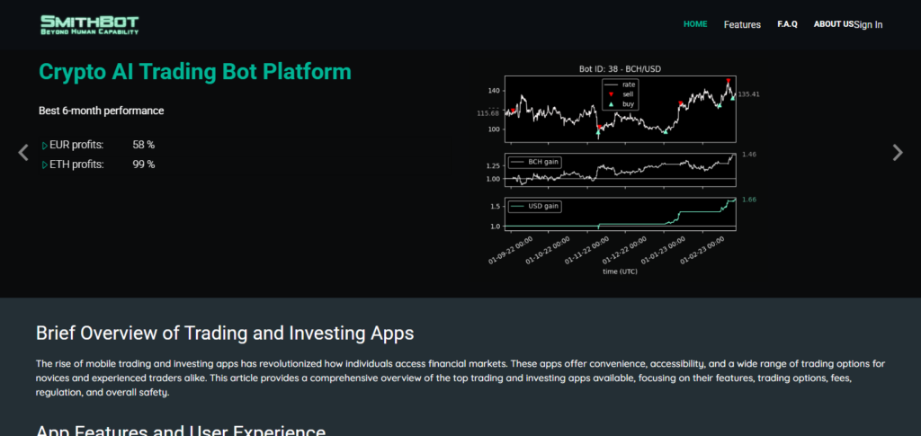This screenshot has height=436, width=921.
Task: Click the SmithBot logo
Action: [90, 24]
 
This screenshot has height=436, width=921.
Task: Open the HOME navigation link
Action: [695, 24]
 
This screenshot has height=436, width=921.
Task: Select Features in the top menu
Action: [742, 24]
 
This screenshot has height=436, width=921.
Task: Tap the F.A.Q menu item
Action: [787, 24]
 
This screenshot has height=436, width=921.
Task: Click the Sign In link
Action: [869, 24]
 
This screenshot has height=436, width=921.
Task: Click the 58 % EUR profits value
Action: [144, 145]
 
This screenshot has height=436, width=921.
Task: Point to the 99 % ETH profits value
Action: [144, 165]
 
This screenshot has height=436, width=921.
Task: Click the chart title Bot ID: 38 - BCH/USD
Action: [621, 69]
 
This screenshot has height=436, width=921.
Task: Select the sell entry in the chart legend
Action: [628, 93]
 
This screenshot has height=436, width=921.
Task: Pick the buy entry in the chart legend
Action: [628, 104]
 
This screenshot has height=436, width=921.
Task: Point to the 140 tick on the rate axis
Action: [493, 91]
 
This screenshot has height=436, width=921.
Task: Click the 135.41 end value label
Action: [749, 93]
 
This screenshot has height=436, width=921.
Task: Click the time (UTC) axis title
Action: [621, 271]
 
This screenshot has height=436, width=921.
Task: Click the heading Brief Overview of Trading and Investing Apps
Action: [225, 333]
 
